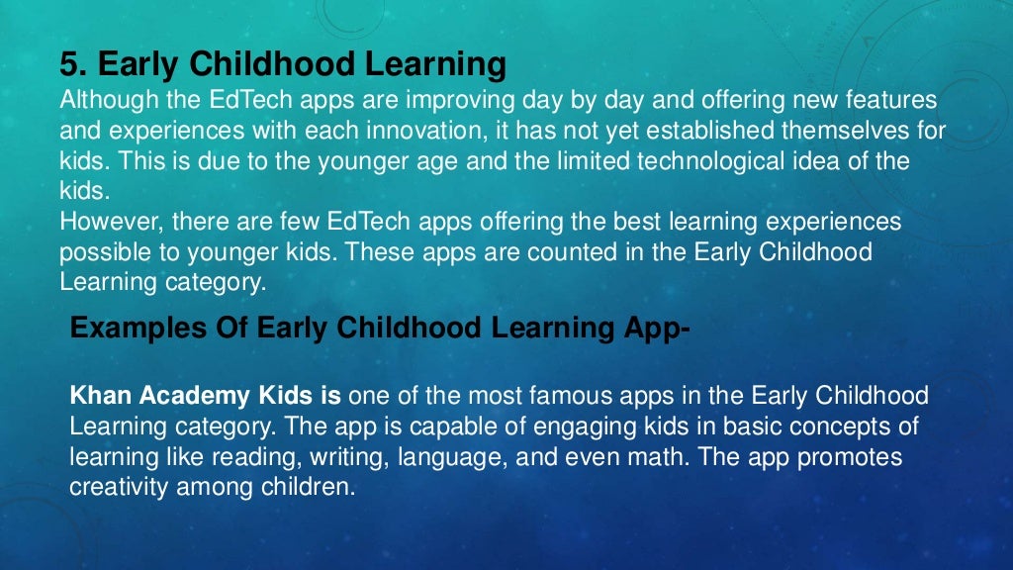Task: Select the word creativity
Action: click(x=116, y=487)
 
